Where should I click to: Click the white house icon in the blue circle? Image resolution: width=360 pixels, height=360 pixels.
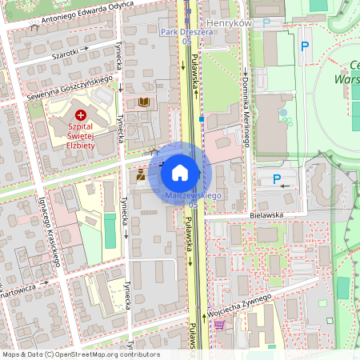180,173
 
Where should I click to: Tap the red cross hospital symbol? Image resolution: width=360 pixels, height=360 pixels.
80,116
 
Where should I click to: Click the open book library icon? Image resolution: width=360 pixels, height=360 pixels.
144,102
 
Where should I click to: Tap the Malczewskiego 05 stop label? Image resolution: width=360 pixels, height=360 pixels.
193,200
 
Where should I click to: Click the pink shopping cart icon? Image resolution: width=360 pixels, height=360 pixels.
219,325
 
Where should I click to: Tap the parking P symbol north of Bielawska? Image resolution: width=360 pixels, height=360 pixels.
277,178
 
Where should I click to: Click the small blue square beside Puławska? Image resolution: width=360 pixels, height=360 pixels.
202,118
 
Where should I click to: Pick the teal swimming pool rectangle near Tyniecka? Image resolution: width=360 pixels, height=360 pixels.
110,230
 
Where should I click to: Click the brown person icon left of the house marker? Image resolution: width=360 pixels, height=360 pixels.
141,174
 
